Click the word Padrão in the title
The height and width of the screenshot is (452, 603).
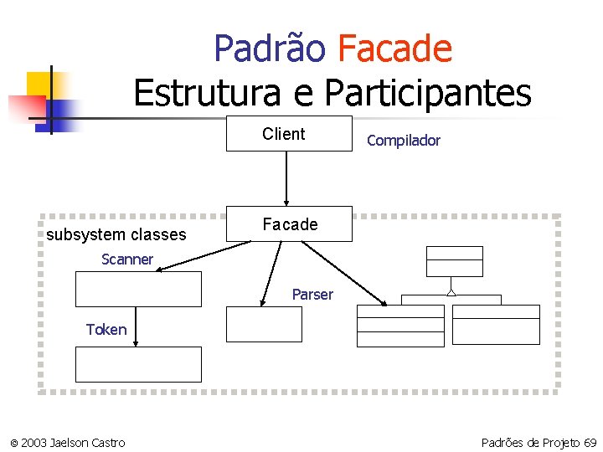(270, 49)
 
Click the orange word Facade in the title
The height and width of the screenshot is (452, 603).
(394, 49)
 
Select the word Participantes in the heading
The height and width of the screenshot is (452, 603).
(427, 93)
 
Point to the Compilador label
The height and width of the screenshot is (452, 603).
(403, 141)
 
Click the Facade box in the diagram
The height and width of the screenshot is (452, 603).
(290, 224)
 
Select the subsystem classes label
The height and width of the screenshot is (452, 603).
(116, 234)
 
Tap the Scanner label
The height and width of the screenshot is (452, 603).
(127, 259)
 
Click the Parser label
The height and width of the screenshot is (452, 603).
(312, 295)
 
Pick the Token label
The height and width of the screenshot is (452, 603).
(106, 330)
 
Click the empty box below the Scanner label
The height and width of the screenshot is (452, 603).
(139, 290)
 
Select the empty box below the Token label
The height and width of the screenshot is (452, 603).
(139, 365)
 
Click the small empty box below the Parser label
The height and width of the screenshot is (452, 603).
(264, 324)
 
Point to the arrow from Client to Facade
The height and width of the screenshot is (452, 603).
(286, 177)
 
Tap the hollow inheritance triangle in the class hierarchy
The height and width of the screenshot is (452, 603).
(451, 292)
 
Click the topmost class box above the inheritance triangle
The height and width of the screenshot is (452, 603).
(454, 261)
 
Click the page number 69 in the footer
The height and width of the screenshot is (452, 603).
(590, 442)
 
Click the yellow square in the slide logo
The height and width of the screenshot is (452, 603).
(39, 84)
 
